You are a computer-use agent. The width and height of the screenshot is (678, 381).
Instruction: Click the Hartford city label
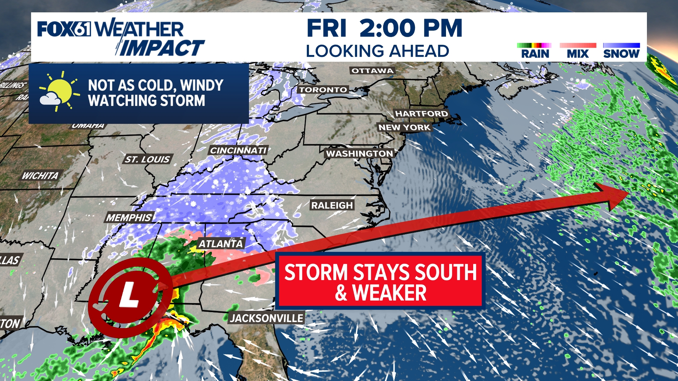(421, 114)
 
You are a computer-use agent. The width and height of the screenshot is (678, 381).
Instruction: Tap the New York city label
(404, 127)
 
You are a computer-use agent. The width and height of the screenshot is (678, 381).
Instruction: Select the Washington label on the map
(359, 153)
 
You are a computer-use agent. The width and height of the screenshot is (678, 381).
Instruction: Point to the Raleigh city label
(332, 205)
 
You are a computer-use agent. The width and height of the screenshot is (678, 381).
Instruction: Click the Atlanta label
(221, 244)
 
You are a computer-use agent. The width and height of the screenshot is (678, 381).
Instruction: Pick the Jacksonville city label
(267, 318)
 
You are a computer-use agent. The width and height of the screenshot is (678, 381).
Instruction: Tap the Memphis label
(129, 218)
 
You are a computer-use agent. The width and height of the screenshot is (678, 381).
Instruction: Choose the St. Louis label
(147, 159)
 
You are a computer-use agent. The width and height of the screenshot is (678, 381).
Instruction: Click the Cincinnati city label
(238, 151)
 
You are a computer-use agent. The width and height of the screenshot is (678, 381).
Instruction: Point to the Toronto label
(323, 90)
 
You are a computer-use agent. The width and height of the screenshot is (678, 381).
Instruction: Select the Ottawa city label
(372, 71)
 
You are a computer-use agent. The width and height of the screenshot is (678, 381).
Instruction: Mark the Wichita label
(40, 176)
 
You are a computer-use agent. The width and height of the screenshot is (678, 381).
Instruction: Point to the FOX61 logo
(64, 29)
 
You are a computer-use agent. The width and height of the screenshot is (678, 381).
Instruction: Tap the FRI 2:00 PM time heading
(384, 28)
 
